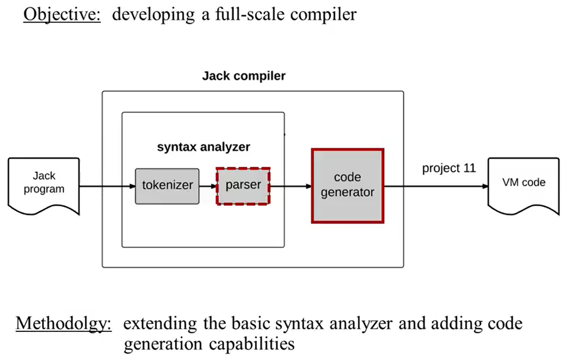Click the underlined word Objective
point(61,14)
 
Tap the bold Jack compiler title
point(243,76)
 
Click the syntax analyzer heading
point(203,147)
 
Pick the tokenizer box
point(167,186)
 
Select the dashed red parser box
point(243,186)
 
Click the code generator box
point(347,186)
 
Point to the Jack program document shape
point(44,184)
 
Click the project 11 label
point(449,169)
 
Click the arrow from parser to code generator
point(291,186)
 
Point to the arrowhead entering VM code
point(485,186)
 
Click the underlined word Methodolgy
point(64,324)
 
